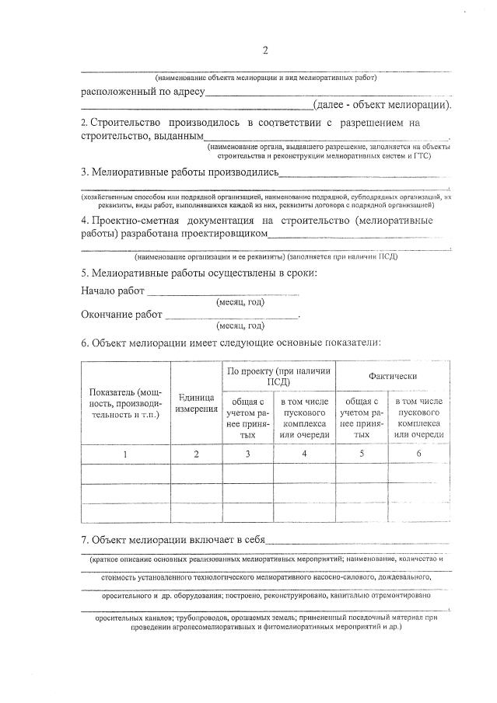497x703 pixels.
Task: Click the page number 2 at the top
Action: point(264,51)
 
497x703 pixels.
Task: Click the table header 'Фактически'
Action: point(393,376)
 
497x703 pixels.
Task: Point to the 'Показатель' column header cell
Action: point(125,403)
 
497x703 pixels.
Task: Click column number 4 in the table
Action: point(304,453)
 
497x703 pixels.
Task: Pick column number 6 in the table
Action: point(419,453)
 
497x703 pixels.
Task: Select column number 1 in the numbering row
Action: point(125,453)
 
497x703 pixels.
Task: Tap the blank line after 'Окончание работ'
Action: point(231,315)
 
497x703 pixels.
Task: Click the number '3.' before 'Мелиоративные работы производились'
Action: point(85,172)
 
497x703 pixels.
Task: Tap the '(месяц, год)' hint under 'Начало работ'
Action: point(240,303)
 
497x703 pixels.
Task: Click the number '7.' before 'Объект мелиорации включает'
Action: point(85,540)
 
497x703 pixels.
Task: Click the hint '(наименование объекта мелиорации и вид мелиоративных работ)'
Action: point(265,78)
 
